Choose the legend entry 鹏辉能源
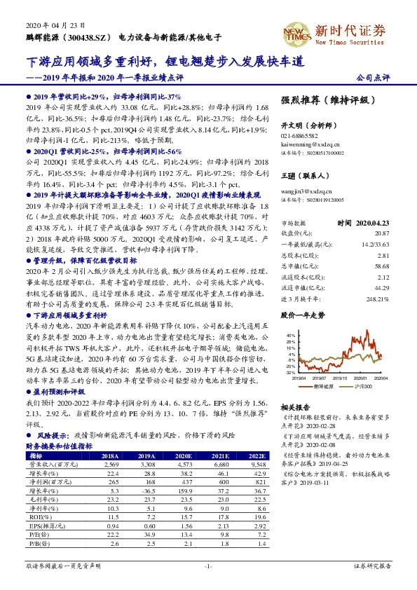coord(324,385)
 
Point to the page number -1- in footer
coord(208,565)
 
